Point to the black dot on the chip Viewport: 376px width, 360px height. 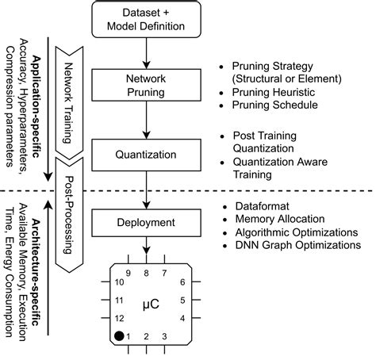(x=120, y=336)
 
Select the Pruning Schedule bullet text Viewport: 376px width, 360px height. (x=271, y=105)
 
